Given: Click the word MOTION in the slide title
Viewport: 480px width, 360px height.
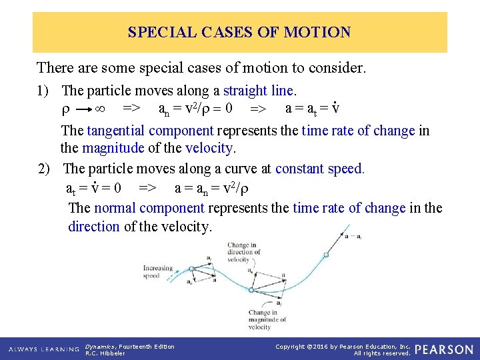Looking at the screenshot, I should (317, 32).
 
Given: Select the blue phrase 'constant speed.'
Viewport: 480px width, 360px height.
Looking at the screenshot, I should (320, 169).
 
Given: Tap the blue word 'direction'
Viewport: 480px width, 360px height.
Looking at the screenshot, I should (93, 227).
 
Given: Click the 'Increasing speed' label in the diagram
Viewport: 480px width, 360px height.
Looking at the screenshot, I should (157, 272).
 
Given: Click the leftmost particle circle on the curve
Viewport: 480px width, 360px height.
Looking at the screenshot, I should (193, 269).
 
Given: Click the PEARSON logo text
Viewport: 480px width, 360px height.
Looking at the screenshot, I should (444, 349).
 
